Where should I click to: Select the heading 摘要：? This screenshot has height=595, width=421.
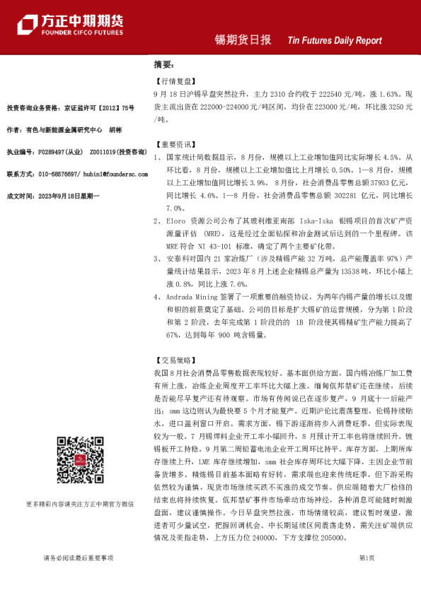point(164,64)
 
